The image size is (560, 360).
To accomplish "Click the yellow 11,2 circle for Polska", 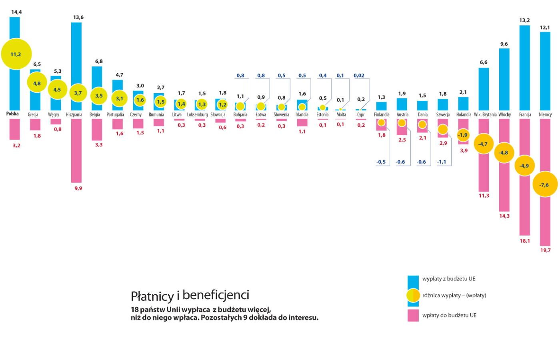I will tap(16, 54).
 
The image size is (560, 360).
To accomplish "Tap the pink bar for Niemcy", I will tap(545, 224).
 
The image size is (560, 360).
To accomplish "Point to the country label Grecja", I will tap(33, 115).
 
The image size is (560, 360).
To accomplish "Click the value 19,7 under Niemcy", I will tap(545, 250).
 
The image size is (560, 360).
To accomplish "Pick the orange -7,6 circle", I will tap(544, 185).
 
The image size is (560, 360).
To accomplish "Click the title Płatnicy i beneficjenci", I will tap(190, 296).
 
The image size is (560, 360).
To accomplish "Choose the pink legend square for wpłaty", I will tap(413, 315).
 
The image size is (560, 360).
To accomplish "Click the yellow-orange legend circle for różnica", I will tap(413, 296).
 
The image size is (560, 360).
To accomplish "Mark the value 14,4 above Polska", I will tap(16, 12).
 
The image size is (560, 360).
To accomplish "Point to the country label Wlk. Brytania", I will tap(485, 115).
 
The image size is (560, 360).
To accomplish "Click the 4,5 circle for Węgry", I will tap(57, 90).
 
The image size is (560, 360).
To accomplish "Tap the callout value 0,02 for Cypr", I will tap(359, 76).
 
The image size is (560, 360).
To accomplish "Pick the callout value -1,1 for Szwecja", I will tap(442, 162).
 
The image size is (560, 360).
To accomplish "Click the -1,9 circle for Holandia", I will tap(462, 135).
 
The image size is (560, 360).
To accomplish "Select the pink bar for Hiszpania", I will tap(76, 160).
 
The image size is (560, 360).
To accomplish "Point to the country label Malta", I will tap(341, 115).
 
